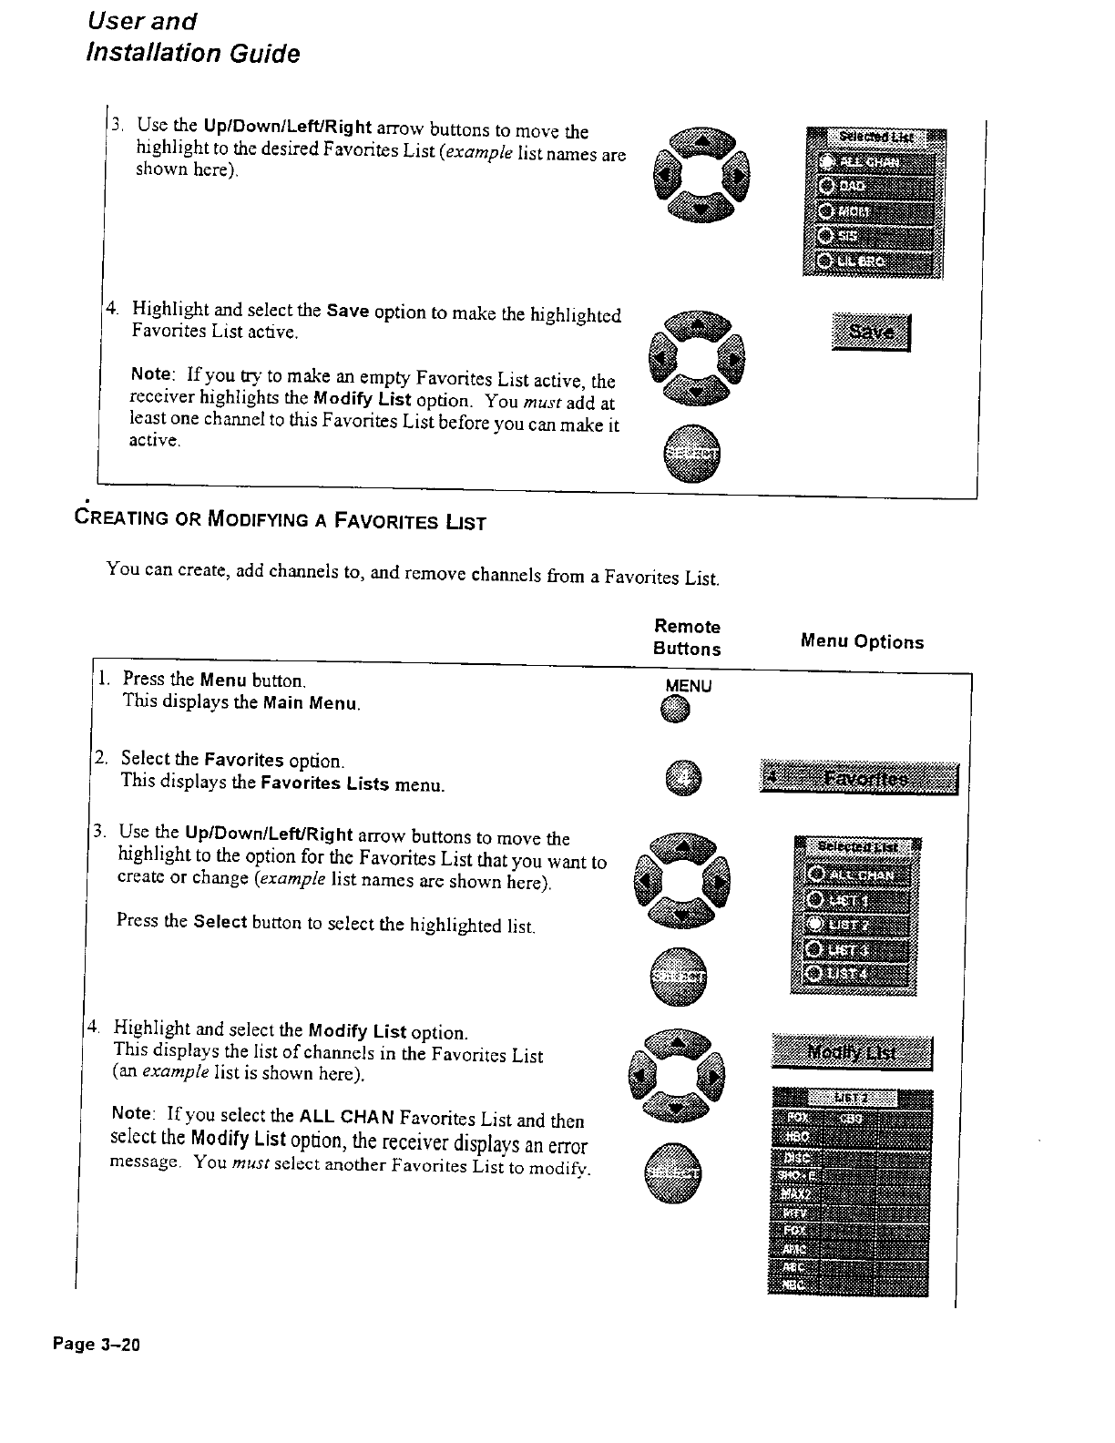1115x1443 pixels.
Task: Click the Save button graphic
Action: click(x=871, y=332)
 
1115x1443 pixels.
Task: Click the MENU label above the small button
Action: click(x=689, y=686)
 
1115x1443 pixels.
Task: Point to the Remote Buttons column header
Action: click(x=688, y=638)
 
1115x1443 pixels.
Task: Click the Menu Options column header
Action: click(x=862, y=642)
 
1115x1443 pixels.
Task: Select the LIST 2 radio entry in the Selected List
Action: click(x=856, y=926)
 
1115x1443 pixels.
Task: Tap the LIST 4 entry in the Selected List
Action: click(x=856, y=974)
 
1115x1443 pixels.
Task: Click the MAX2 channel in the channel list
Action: click(x=793, y=1194)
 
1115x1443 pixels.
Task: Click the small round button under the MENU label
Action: click(x=676, y=710)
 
